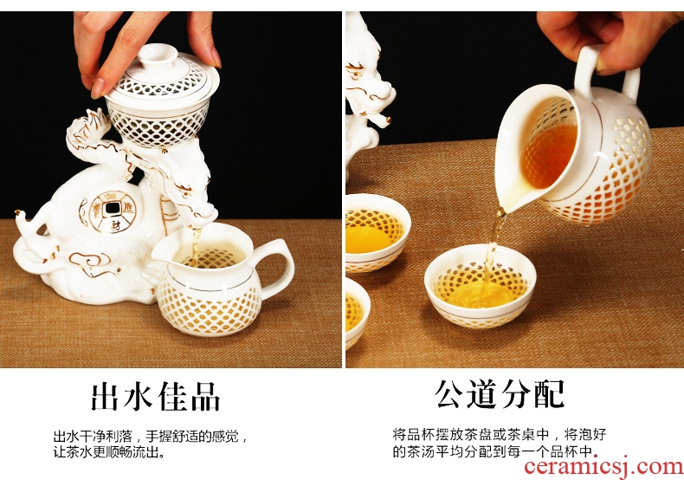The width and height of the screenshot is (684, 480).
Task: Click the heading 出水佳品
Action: click(x=155, y=396)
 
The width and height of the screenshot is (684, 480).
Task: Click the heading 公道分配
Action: click(x=500, y=394)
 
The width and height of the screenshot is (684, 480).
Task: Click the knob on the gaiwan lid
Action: click(x=158, y=55)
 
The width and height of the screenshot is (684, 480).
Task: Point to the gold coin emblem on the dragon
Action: click(x=113, y=212)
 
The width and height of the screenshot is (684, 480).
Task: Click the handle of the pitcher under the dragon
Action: click(x=279, y=266)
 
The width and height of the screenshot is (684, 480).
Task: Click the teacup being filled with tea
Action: click(x=480, y=286)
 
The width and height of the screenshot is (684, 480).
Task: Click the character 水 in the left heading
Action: click(x=139, y=396)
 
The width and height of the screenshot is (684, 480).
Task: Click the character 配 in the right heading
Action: click(x=551, y=394)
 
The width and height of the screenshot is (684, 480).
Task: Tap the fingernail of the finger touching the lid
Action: click(x=98, y=88)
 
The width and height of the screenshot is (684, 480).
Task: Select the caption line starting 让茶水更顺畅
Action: click(x=109, y=452)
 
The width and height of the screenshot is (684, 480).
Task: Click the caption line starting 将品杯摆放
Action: click(x=500, y=435)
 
